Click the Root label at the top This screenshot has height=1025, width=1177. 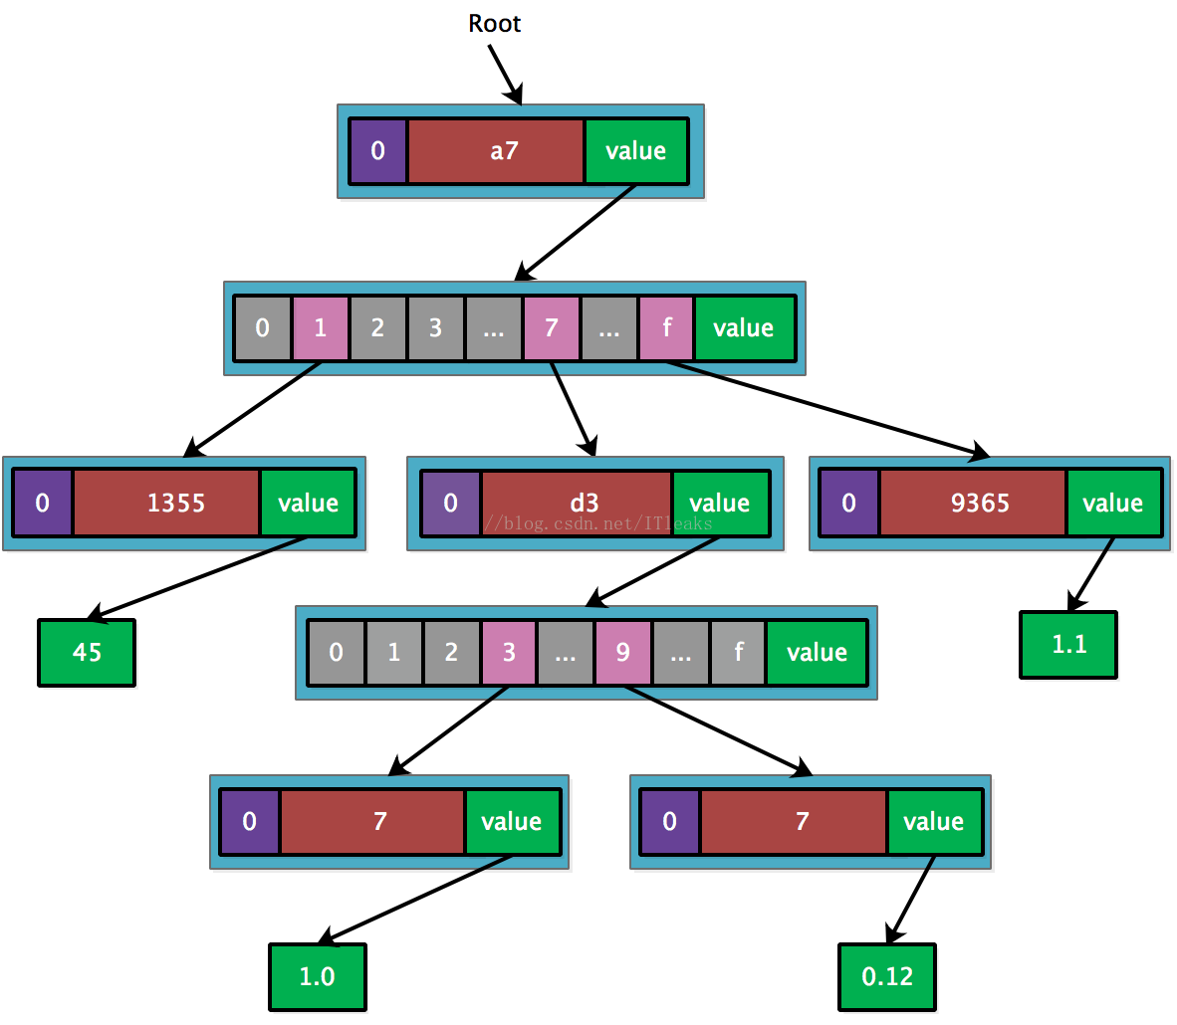click(494, 23)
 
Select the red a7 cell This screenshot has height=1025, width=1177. click(496, 151)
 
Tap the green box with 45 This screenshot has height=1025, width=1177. click(87, 652)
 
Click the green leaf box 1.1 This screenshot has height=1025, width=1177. click(1068, 645)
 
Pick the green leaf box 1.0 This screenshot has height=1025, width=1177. click(318, 976)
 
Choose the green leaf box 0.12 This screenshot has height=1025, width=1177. click(887, 976)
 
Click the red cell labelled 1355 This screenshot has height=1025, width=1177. click(166, 503)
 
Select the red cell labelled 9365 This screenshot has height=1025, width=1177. click(973, 503)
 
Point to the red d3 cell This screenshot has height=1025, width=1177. click(577, 503)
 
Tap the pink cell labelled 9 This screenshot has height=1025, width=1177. click(623, 652)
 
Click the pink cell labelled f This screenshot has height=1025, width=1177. click(666, 328)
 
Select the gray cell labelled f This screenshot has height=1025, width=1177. click(739, 652)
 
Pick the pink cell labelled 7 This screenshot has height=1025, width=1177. click(552, 328)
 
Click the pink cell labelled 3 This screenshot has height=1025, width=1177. click(509, 652)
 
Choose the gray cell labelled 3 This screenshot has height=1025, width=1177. click(435, 328)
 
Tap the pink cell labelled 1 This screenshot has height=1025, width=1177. click(321, 328)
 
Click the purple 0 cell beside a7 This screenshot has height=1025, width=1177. click(378, 151)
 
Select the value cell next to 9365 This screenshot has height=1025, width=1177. click(1113, 503)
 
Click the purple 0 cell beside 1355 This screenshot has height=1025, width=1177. click(43, 503)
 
